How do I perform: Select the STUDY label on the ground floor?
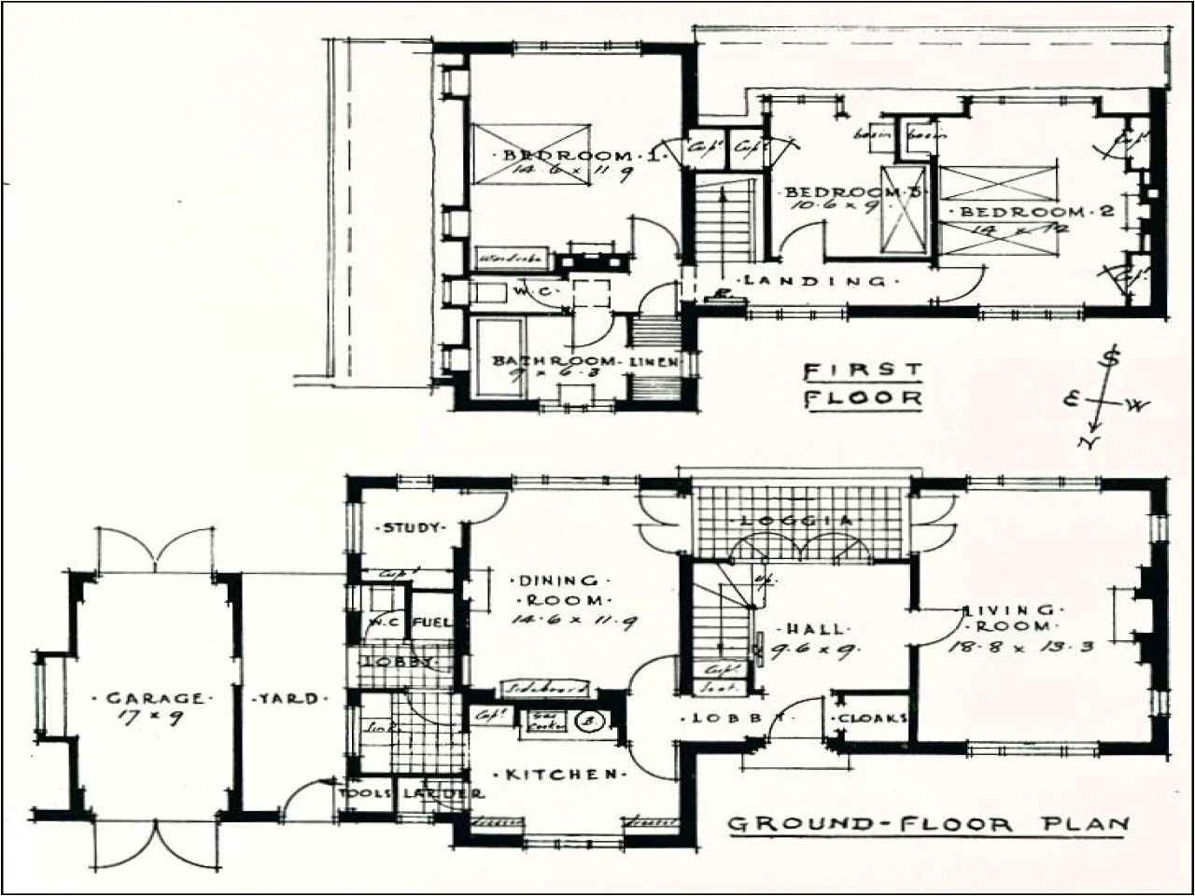(x=411, y=528)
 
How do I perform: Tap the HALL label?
(x=802, y=629)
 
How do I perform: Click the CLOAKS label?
(x=873, y=719)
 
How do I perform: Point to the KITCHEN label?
(x=561, y=775)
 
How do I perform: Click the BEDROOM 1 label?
(x=581, y=156)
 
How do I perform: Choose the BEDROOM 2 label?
(x=1032, y=211)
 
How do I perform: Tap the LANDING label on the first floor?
(x=815, y=280)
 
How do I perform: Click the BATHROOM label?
(x=554, y=361)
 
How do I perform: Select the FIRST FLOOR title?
(x=863, y=385)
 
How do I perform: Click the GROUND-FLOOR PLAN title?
(x=928, y=824)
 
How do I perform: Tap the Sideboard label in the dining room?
(x=545, y=689)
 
